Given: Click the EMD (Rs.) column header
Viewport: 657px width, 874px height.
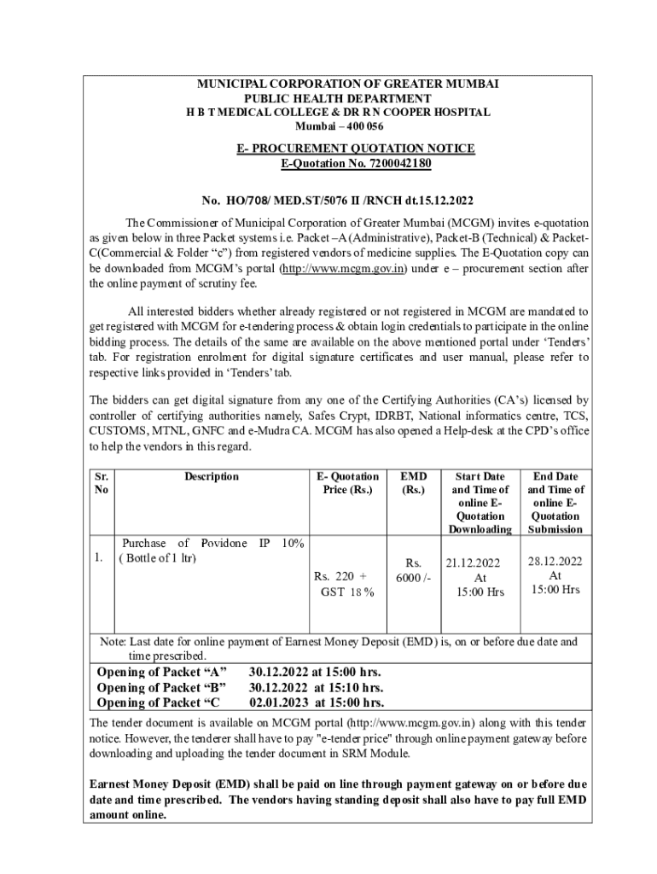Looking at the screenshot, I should click(413, 483).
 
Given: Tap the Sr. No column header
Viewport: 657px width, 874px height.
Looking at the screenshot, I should click(102, 483).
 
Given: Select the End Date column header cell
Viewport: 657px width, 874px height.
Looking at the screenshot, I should click(555, 503).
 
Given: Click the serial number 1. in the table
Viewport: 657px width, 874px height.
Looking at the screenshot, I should click(100, 557).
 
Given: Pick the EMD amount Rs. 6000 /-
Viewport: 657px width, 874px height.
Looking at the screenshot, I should click(413, 571).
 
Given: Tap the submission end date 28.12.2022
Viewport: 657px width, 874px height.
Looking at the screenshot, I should click(555, 561).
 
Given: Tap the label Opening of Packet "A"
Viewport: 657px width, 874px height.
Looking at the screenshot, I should click(161, 671).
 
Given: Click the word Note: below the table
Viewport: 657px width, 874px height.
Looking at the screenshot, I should click(113, 641).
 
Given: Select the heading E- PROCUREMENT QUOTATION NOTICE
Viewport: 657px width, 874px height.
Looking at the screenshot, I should click(356, 149).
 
